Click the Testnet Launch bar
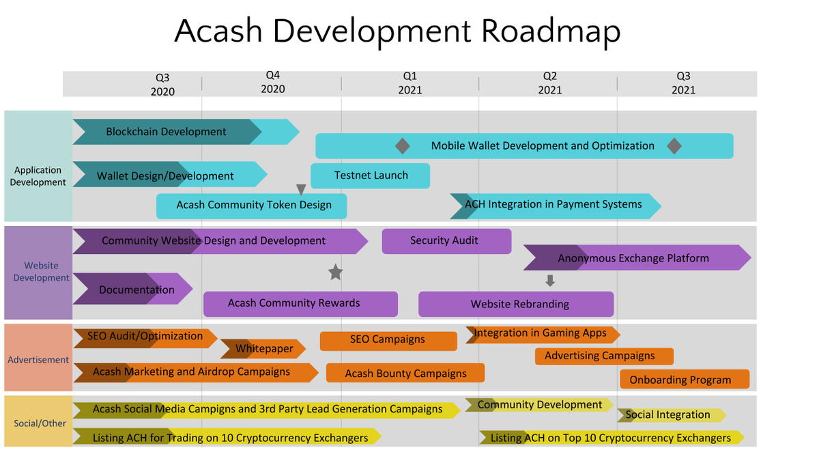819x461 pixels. (x=370, y=176)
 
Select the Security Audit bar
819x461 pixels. (x=446, y=241)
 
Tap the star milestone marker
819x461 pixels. (x=335, y=273)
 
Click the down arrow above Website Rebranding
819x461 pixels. (x=550, y=281)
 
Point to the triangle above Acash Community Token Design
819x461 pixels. (x=301, y=189)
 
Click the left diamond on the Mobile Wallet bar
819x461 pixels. (x=403, y=146)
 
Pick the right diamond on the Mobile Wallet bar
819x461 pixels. (x=674, y=146)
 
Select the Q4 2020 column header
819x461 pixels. (x=273, y=83)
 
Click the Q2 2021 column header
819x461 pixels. (x=549, y=83)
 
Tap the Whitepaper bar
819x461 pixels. (x=263, y=349)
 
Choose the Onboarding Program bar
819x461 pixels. (x=685, y=379)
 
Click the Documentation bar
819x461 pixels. (x=132, y=289)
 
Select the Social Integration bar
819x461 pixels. (x=672, y=415)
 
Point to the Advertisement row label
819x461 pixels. (x=38, y=360)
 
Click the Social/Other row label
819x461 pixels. (x=40, y=423)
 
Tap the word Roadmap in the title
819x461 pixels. (x=551, y=31)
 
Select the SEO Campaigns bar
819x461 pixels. (x=388, y=341)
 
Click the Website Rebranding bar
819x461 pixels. (x=516, y=304)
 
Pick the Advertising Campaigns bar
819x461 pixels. (x=604, y=356)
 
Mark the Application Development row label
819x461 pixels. (x=38, y=176)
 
